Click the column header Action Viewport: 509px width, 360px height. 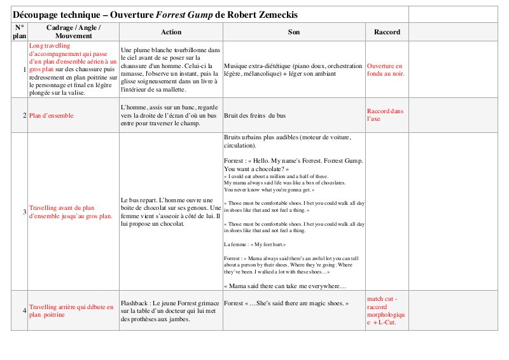pyautogui.click(x=171, y=32)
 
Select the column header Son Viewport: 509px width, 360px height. pyautogui.click(x=293, y=32)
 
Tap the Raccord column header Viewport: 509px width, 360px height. pyautogui.click(x=387, y=32)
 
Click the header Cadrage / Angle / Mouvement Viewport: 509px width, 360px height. pyautogui.click(x=73, y=32)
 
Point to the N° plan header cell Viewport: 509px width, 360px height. pyautogui.click(x=19, y=32)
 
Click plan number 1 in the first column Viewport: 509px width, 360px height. pyautogui.click(x=24, y=70)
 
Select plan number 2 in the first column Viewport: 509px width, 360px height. pyautogui.click(x=24, y=116)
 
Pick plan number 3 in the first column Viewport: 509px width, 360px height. pyautogui.click(x=24, y=211)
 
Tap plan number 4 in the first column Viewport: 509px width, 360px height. pyautogui.click(x=24, y=310)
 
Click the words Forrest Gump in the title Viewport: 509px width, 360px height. pyautogui.click(x=179, y=14)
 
